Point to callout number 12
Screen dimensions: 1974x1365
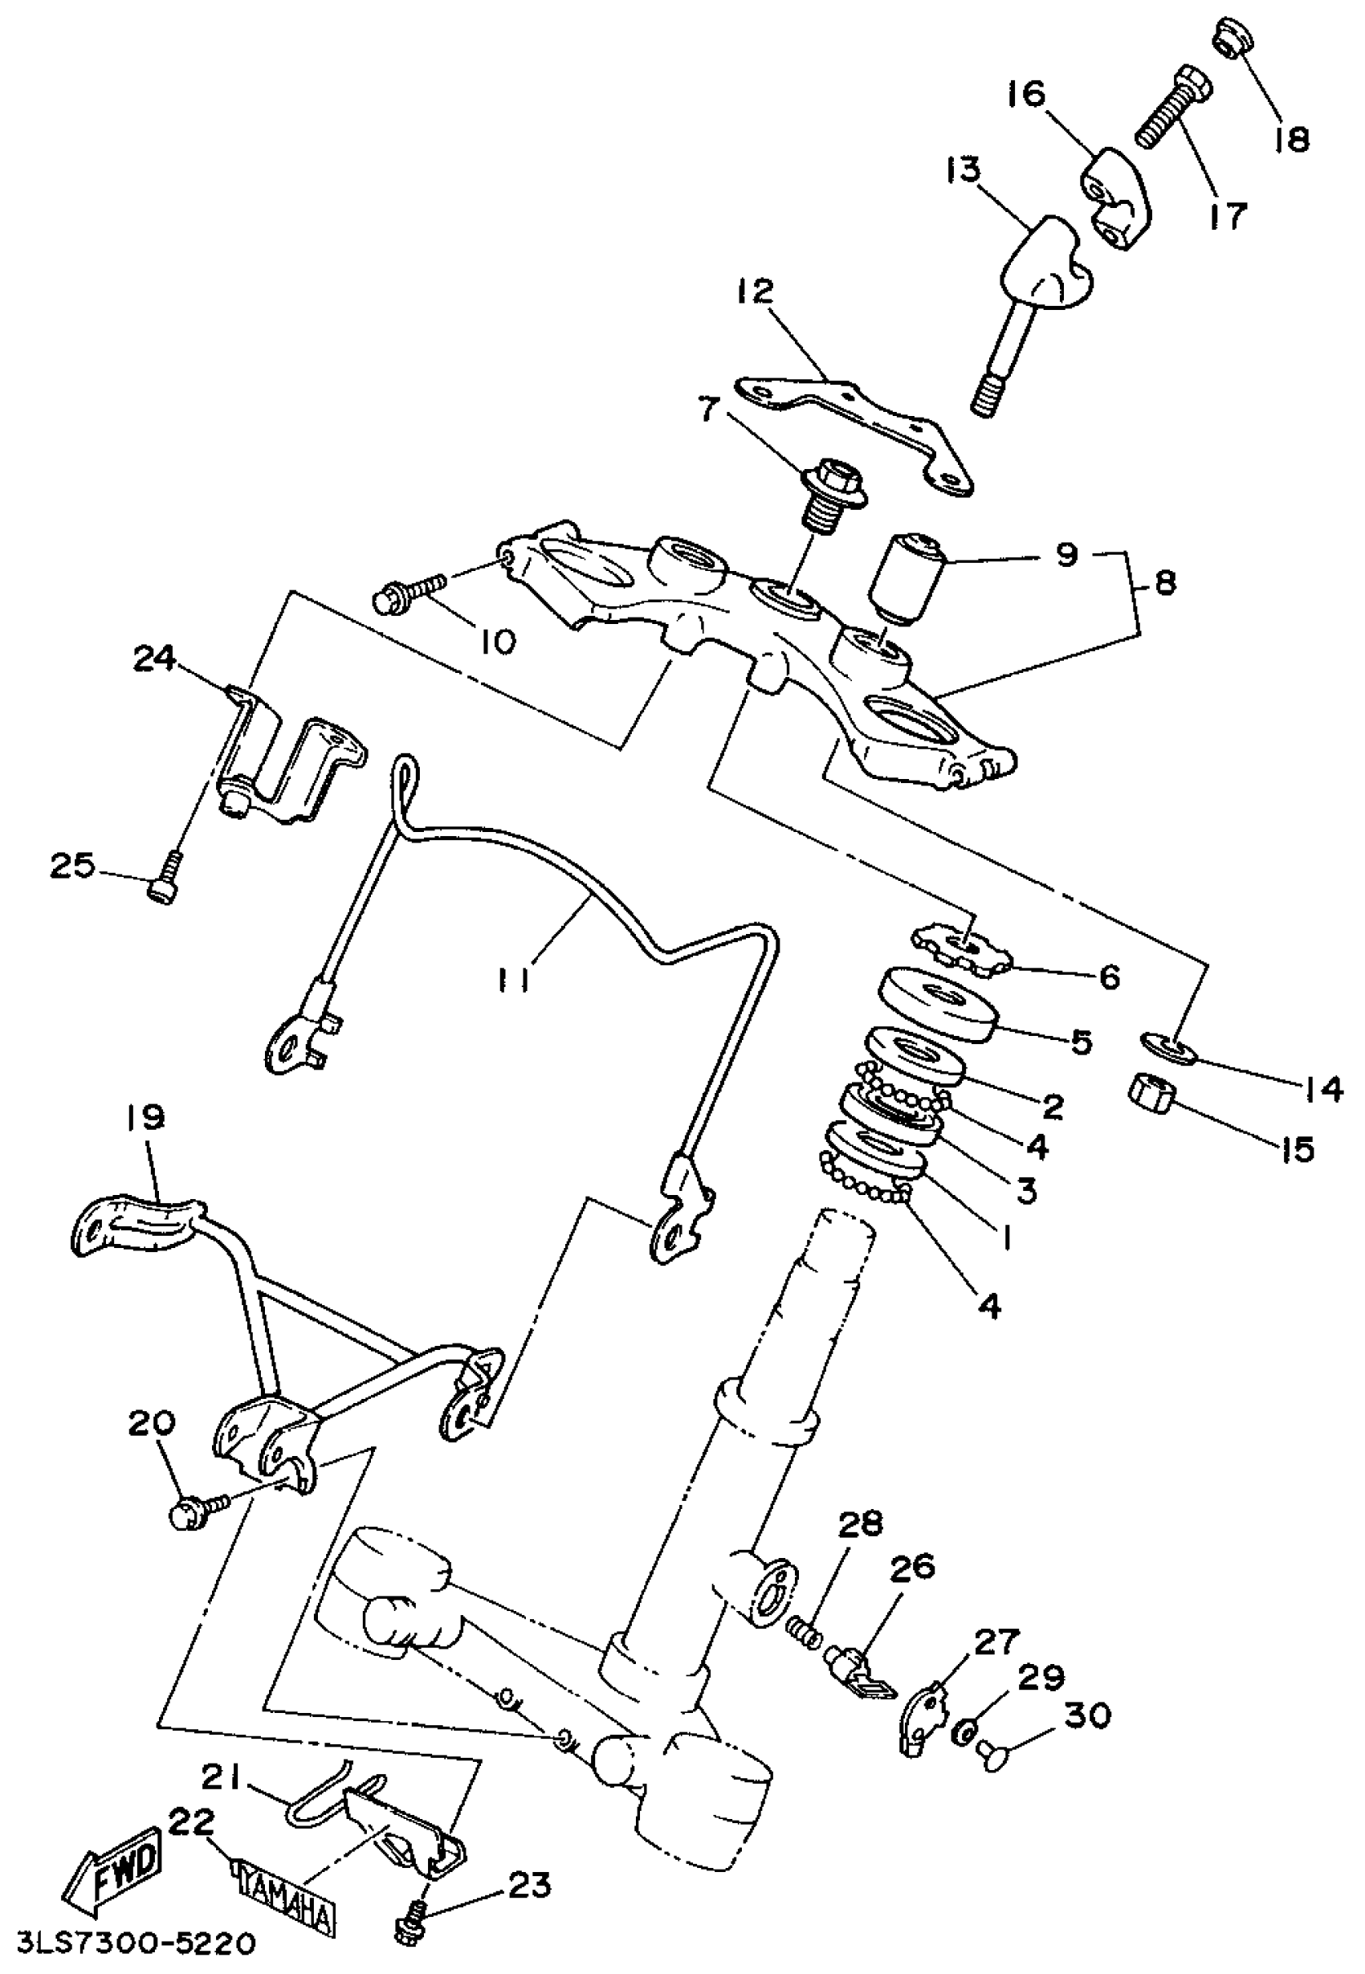tap(756, 291)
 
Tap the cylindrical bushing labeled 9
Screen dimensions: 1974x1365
tap(905, 580)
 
